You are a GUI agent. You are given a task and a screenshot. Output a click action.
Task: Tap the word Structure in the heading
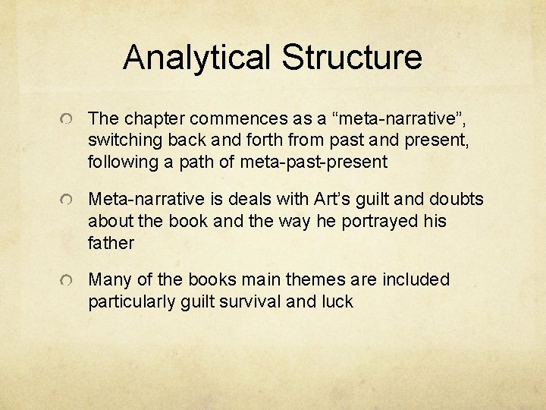[351, 57]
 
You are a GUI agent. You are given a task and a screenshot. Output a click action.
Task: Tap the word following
[123, 162]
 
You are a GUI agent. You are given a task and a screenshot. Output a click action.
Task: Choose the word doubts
[457, 200]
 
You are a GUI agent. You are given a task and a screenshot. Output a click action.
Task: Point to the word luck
[337, 302]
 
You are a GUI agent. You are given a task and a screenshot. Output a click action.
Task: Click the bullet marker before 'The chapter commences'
[67, 120]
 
